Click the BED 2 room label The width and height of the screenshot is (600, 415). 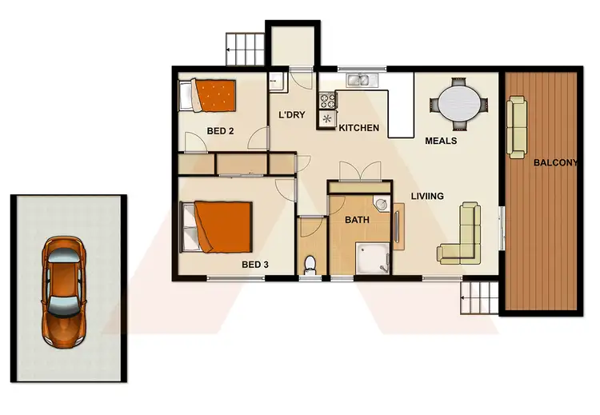(218, 130)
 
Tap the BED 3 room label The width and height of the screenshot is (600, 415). (254, 264)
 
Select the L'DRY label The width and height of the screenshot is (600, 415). (292, 115)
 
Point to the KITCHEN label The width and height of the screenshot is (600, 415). (358, 128)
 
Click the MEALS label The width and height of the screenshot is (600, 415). (441, 141)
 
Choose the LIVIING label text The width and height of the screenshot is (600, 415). (427, 196)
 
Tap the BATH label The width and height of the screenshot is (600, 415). (356, 220)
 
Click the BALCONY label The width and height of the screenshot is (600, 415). (555, 163)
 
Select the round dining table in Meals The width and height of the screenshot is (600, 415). (458, 103)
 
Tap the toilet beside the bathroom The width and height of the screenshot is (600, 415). (311, 263)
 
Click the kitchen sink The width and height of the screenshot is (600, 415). (358, 78)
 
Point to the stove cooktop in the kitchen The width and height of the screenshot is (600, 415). (327, 102)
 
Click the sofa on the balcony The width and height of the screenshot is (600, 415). (518, 126)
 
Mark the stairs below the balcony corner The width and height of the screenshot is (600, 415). (480, 300)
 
